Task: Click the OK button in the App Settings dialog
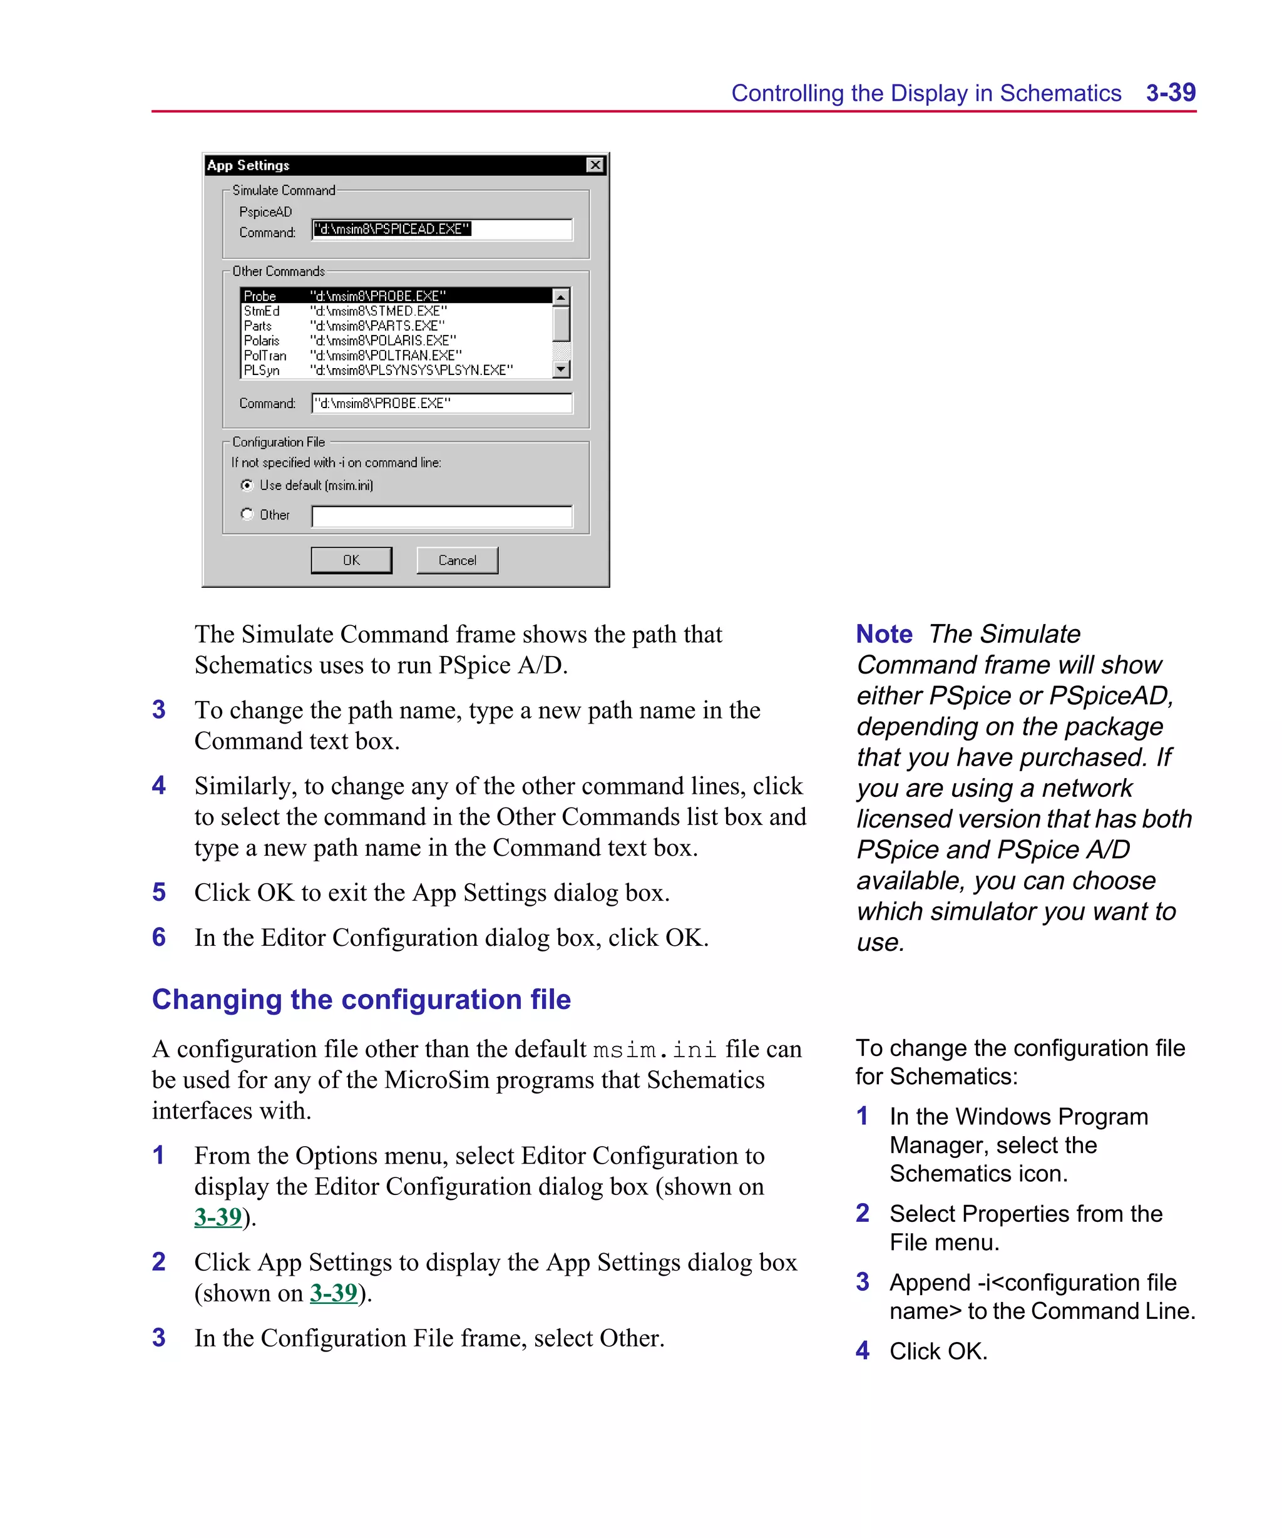[x=351, y=560]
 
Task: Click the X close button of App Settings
[x=595, y=165]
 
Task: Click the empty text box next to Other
[x=442, y=516]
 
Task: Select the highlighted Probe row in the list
[x=396, y=296]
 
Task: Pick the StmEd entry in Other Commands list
[x=262, y=311]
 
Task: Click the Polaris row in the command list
[x=262, y=341]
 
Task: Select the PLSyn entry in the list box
[x=262, y=371]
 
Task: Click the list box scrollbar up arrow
[x=561, y=297]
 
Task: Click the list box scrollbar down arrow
[x=561, y=370]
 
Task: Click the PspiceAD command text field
[x=442, y=229]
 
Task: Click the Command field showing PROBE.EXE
[x=442, y=404]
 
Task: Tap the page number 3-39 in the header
[x=1170, y=93]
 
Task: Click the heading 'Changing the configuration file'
[x=361, y=1000]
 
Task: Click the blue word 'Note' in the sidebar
[x=883, y=634]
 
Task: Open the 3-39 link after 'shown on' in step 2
[x=333, y=1293]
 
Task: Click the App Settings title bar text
[x=249, y=165]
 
